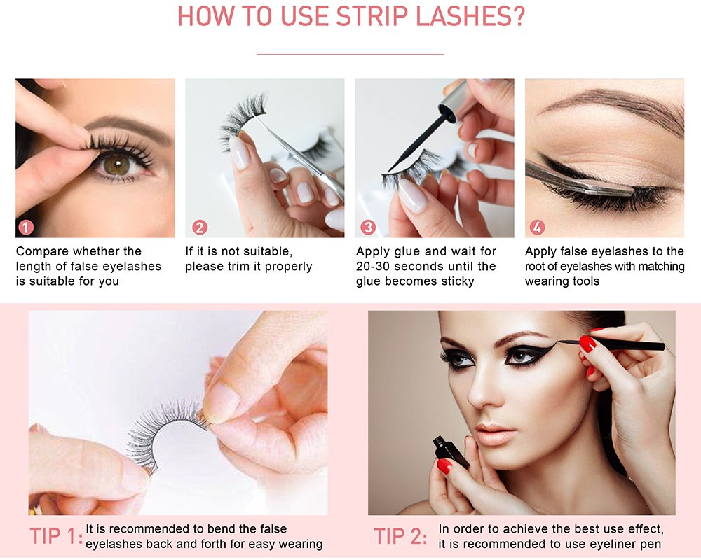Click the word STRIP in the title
372,17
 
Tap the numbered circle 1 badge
26,227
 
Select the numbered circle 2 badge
199,227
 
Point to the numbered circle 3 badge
369,227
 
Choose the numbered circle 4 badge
538,227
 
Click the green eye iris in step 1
116,164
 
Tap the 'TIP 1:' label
56,536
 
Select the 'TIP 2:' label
400,536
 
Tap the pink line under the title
350,55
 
